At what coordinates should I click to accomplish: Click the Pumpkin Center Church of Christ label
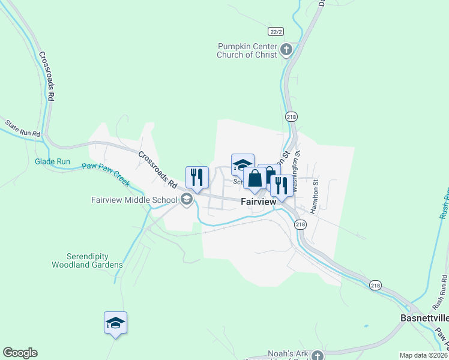pyautogui.click(x=248, y=50)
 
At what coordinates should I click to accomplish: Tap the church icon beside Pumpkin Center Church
pyautogui.click(x=286, y=50)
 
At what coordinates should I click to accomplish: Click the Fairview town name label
pyautogui.click(x=258, y=202)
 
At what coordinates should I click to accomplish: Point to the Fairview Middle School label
pyautogui.click(x=134, y=200)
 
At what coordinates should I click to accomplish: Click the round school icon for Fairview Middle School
pyautogui.click(x=187, y=200)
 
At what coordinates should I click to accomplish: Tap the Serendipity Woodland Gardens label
pyautogui.click(x=87, y=260)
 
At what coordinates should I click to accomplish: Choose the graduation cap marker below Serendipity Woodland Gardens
pyautogui.click(x=115, y=323)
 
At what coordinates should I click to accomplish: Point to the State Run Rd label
pyautogui.click(x=23, y=128)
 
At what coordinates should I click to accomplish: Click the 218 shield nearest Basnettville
pyautogui.click(x=375, y=285)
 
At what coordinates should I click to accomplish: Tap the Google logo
pyautogui.click(x=20, y=353)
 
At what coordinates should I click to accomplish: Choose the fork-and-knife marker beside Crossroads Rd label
pyautogui.click(x=197, y=177)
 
